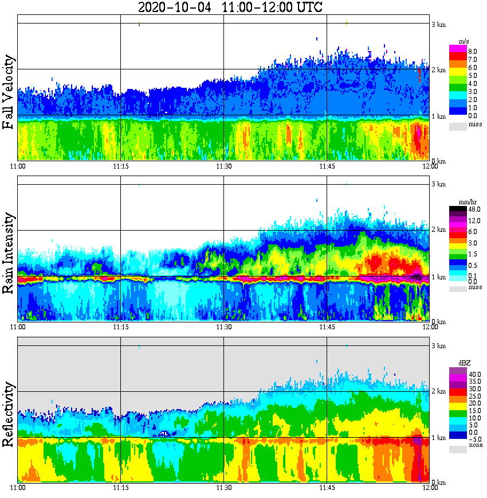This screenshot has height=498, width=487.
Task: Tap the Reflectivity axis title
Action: (x=9, y=412)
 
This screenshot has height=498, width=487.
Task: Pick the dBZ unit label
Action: (x=465, y=363)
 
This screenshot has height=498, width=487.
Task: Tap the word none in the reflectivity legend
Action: (x=476, y=445)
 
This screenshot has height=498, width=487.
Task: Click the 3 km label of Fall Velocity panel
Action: (x=438, y=24)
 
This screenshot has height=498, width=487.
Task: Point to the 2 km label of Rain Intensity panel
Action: (x=438, y=230)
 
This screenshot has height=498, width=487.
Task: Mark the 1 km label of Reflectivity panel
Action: (x=438, y=438)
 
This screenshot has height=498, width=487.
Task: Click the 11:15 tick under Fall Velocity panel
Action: (x=120, y=167)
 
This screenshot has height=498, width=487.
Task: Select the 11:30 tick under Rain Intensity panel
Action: (x=223, y=327)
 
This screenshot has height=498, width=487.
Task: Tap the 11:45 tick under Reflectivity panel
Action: (x=327, y=488)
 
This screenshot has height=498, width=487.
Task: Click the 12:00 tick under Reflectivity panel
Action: (x=430, y=488)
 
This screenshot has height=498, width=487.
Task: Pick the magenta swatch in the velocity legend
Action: (x=457, y=49)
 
